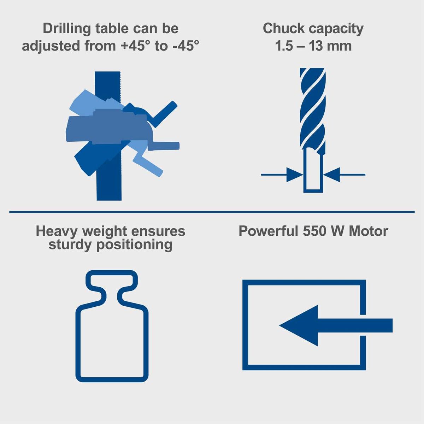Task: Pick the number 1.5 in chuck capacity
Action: tap(285, 46)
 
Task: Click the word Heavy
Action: tap(57, 231)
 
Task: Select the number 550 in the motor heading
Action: tap(315, 231)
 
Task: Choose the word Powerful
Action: tap(268, 231)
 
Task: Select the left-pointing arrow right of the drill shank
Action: tap(332, 175)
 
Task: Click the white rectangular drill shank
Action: tap(313, 170)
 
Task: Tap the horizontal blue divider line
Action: tap(212, 212)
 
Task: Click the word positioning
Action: tap(135, 245)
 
